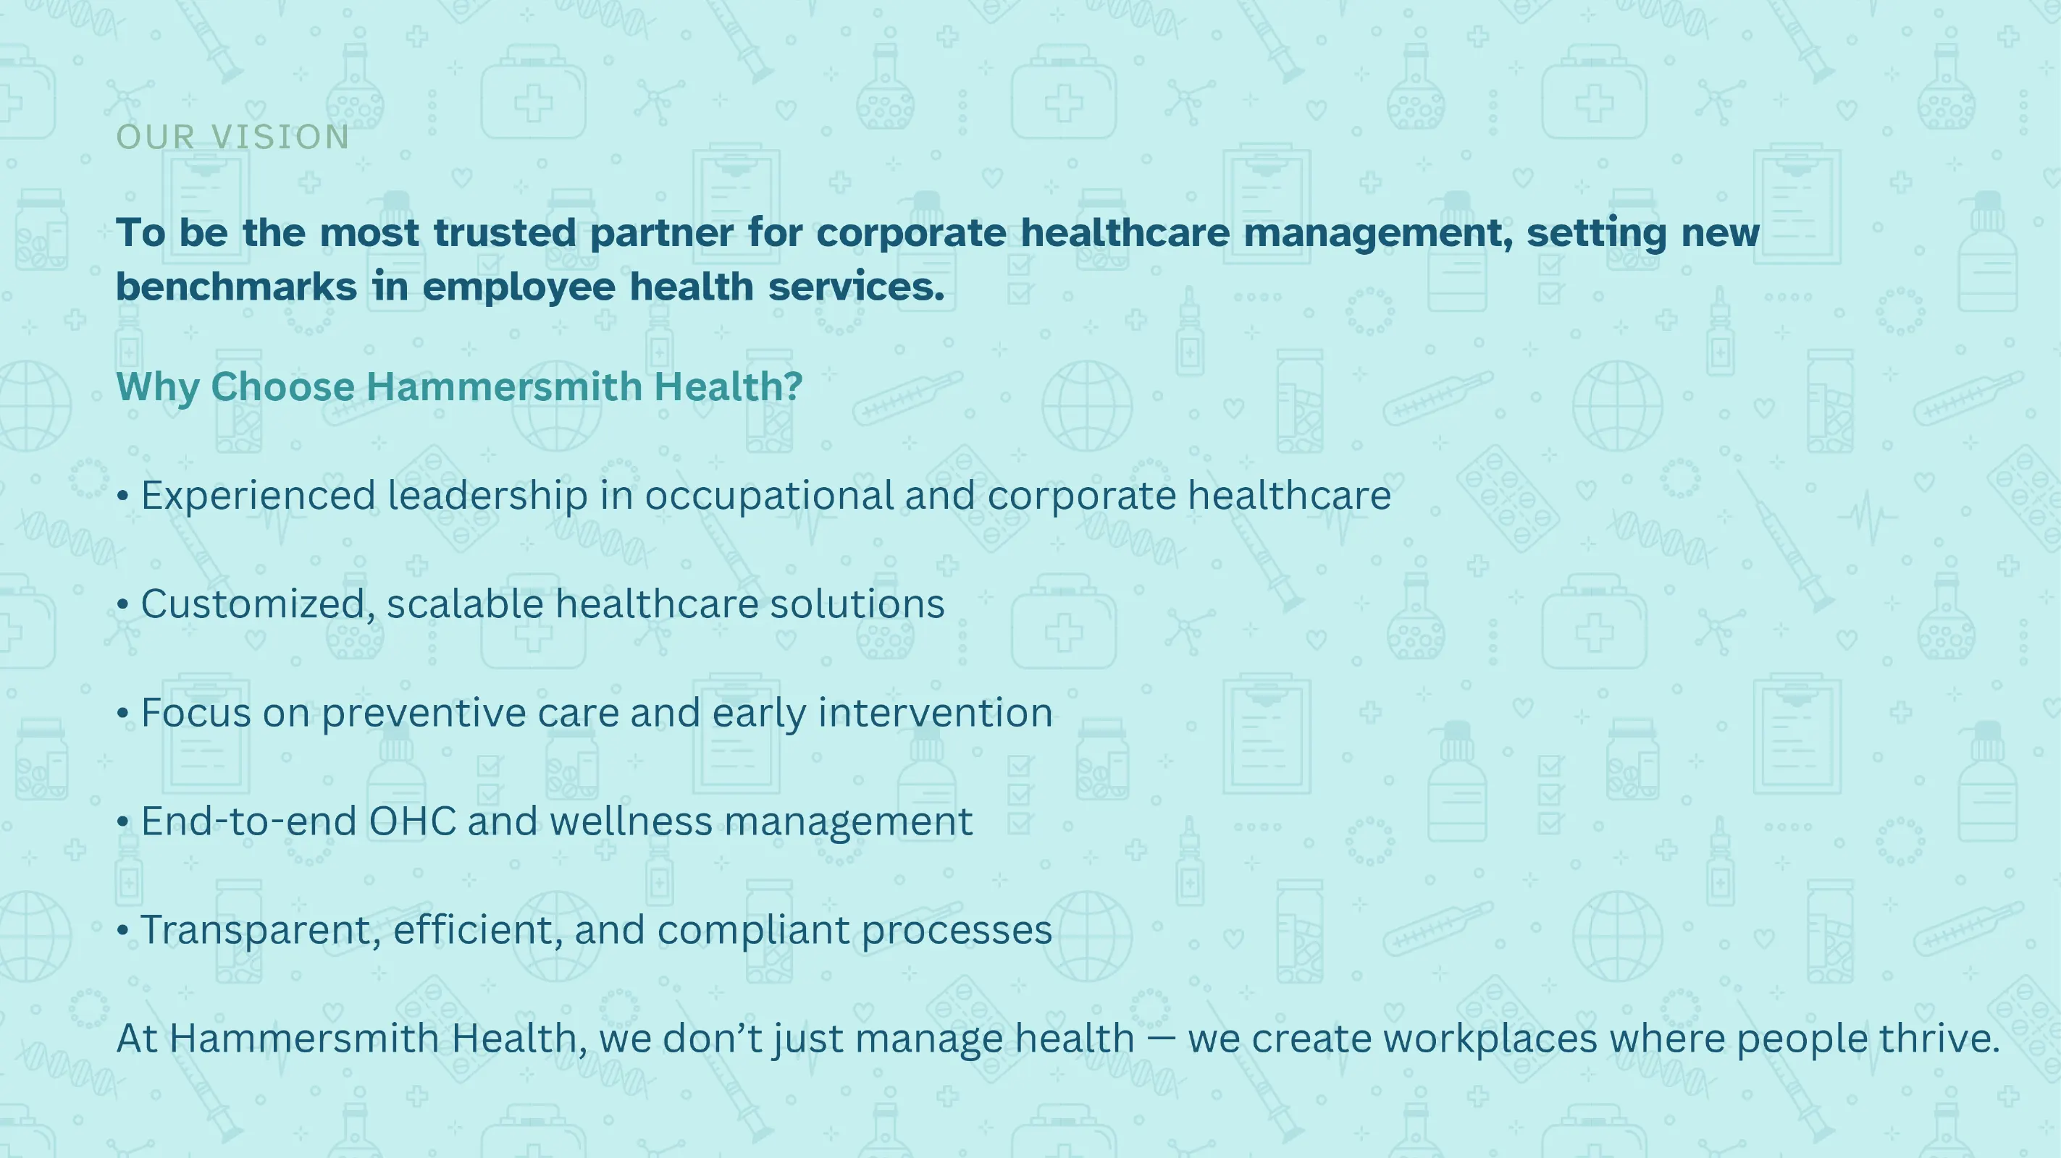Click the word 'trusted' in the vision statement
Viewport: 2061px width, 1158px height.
[504, 233]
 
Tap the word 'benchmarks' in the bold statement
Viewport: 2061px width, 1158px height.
[236, 287]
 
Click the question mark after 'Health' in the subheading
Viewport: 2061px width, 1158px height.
[793, 386]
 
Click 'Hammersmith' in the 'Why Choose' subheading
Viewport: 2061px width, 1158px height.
[505, 386]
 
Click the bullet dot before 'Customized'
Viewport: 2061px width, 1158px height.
[122, 604]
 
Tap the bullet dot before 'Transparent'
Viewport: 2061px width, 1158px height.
[122, 930]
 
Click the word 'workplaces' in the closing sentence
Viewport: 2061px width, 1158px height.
[1490, 1039]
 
